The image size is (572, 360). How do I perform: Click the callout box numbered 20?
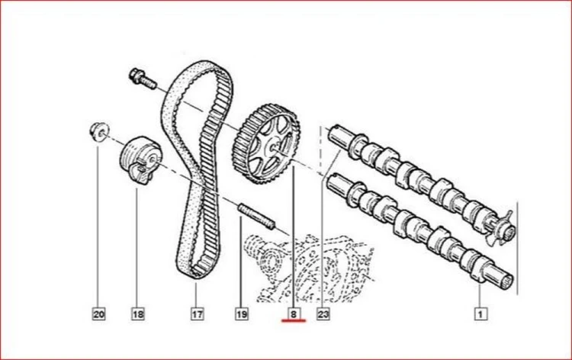click(99, 313)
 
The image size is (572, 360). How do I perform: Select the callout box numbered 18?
click(138, 313)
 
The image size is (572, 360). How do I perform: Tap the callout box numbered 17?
click(197, 313)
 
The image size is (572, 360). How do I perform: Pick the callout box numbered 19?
click(242, 313)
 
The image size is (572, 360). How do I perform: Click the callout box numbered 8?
click(294, 313)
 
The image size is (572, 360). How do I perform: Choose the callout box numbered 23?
click(323, 313)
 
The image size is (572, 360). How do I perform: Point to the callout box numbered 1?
click(480, 313)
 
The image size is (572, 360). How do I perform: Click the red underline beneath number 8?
click(294, 321)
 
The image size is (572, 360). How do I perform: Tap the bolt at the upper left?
click(143, 80)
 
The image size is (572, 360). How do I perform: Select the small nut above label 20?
click(99, 131)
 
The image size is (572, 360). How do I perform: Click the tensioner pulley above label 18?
click(140, 160)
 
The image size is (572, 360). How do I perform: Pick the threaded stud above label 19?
click(256, 217)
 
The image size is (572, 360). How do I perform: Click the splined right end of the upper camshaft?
click(508, 230)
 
